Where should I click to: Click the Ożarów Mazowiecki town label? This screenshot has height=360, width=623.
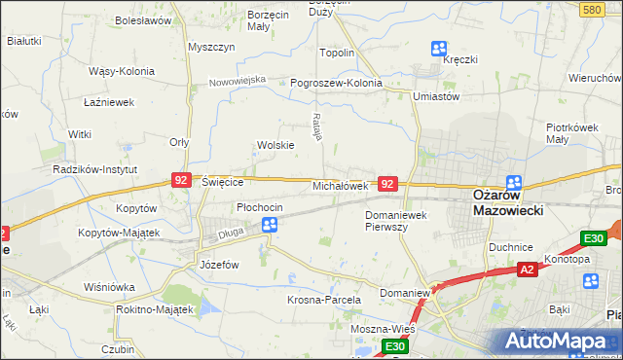point(507,202)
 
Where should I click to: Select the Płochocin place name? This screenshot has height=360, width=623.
point(260,207)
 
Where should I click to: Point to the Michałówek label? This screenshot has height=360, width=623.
point(340,185)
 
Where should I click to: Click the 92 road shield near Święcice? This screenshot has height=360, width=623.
point(180,180)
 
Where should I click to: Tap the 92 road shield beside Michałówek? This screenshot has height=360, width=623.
point(387,183)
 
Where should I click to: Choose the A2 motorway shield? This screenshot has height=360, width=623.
point(527,269)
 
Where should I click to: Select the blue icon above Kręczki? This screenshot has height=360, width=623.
point(439,47)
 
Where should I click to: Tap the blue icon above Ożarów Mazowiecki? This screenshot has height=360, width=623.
point(513,183)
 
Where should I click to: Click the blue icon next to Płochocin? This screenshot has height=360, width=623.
point(270,225)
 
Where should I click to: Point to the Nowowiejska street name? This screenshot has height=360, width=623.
point(237,81)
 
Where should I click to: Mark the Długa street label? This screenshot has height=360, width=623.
point(230,233)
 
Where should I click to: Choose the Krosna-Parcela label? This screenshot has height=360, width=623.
point(324,300)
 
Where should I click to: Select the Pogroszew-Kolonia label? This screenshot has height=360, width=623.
point(336,84)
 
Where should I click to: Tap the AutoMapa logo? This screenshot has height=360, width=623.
point(559,342)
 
